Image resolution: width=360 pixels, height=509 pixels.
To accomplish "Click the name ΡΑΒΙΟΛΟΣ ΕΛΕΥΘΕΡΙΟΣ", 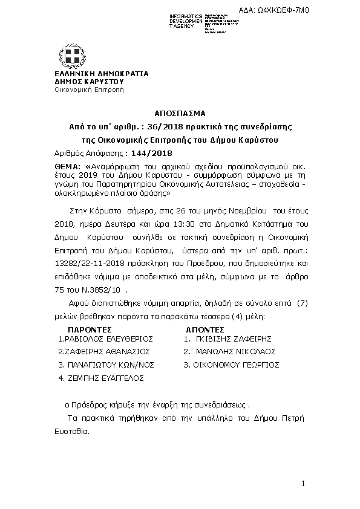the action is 106,339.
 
